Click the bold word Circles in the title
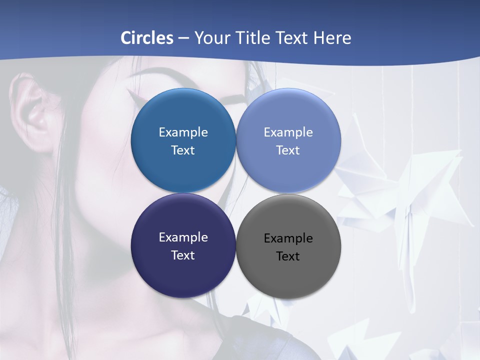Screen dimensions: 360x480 [147, 38]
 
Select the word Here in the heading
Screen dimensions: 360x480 [332, 38]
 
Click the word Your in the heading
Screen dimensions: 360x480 [212, 38]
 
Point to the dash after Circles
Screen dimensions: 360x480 [183, 38]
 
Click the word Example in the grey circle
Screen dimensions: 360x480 [288, 238]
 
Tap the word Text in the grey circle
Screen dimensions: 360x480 [288, 256]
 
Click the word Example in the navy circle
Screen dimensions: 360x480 [183, 237]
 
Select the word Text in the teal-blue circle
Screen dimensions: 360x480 [183, 150]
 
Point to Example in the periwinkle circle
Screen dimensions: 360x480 [288, 132]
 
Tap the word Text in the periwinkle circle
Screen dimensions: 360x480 [288, 150]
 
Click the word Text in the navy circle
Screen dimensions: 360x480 [183, 255]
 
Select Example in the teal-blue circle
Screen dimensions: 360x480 [183, 132]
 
